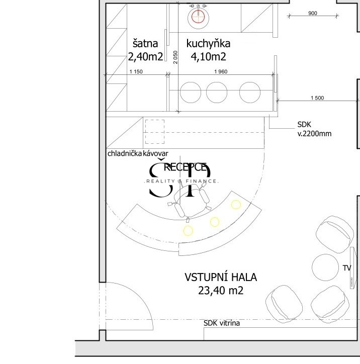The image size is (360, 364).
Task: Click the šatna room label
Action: tap(146, 43)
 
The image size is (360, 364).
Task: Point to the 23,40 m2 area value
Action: tap(221, 290)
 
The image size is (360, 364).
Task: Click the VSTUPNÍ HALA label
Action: tap(221, 277)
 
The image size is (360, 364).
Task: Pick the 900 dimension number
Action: tap(312, 14)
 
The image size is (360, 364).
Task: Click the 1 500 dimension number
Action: tap(317, 98)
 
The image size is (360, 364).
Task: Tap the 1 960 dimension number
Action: tap(221, 71)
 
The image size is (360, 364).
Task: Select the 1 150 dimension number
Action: tap(136, 71)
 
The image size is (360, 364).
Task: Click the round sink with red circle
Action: tap(198, 17)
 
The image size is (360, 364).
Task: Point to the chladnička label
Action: tap(125, 153)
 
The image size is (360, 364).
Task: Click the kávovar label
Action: tap(156, 153)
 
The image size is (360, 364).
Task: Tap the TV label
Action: tap(346, 268)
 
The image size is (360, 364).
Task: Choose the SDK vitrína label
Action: tap(222, 323)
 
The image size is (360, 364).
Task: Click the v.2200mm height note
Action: tap(314, 134)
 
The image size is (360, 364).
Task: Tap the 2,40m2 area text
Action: tap(146, 56)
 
